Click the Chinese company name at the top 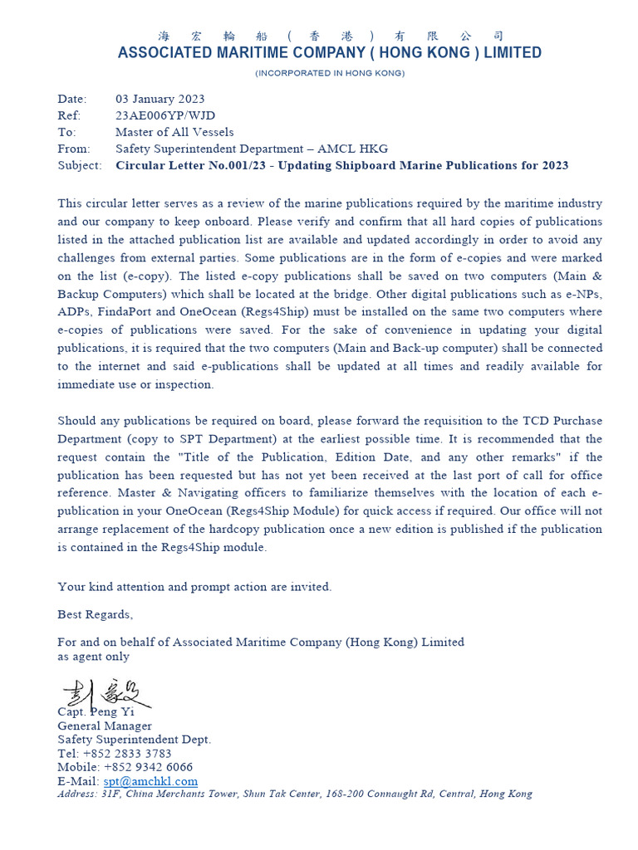330,36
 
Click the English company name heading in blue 330,53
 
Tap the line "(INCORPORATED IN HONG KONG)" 330,74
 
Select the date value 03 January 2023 159,100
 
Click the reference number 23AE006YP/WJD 164,116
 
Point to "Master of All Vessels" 174,132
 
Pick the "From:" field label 74,149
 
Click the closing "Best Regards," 95,614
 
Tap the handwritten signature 105,693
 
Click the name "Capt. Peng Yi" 95,711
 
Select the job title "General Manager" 105,725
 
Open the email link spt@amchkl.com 150,781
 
